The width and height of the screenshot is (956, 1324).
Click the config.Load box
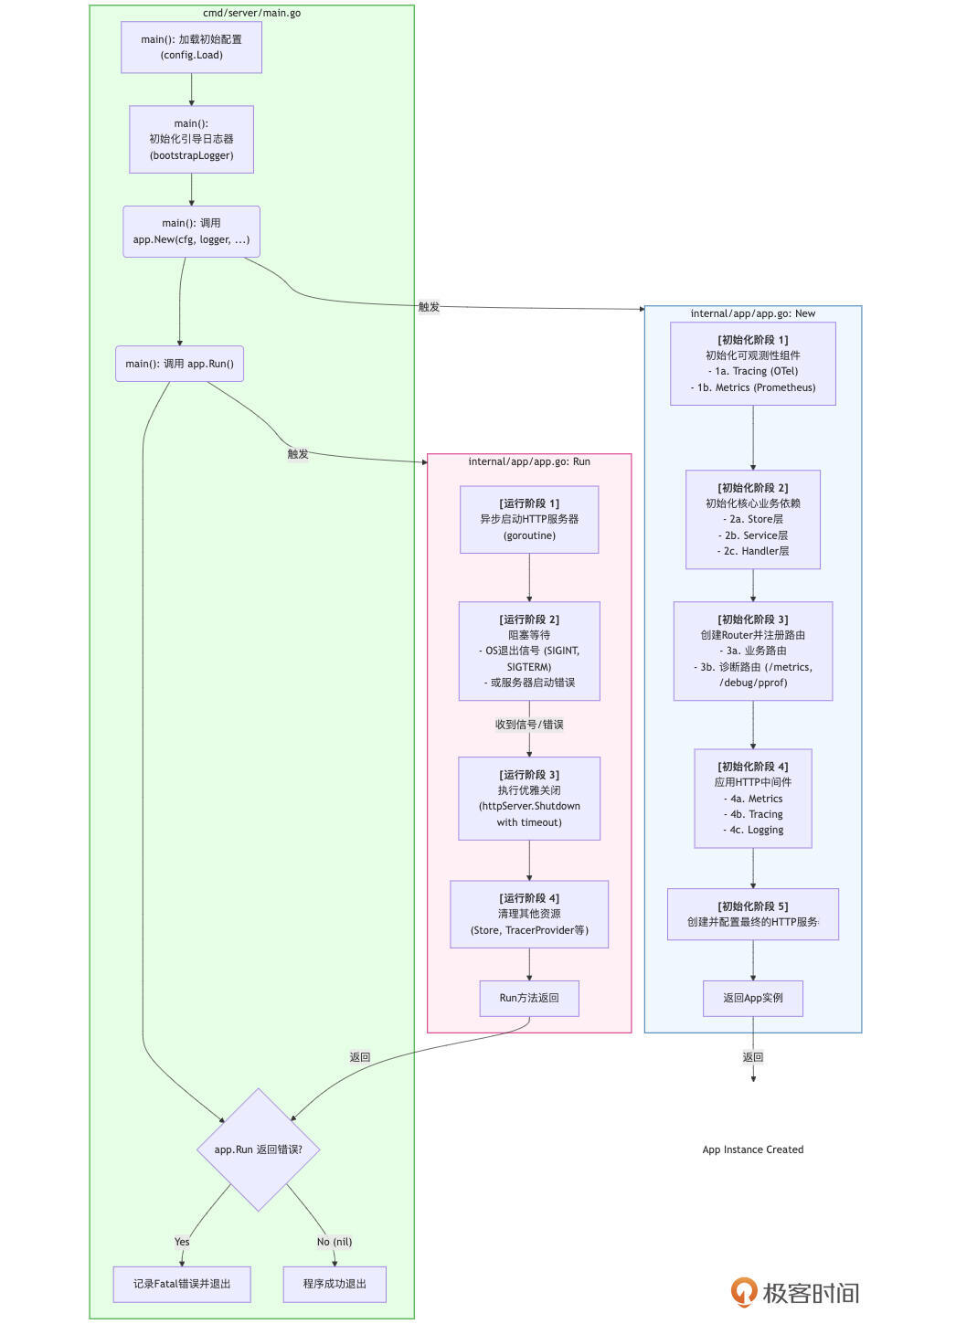[x=191, y=48]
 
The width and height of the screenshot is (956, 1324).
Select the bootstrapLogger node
[x=191, y=139]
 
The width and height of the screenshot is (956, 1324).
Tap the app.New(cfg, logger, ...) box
[x=191, y=231]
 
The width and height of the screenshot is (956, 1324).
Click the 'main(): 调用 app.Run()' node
[x=179, y=364]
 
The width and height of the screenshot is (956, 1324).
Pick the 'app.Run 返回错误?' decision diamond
[x=258, y=1149]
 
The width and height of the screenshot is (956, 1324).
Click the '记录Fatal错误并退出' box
[x=182, y=1284]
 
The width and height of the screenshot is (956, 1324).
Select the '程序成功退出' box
[x=335, y=1284]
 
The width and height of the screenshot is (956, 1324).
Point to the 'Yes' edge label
[x=182, y=1242]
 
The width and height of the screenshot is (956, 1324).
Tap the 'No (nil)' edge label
[x=335, y=1242]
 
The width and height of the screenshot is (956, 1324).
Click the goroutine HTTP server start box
[x=529, y=519]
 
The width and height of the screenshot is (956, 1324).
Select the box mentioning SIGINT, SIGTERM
[x=529, y=651]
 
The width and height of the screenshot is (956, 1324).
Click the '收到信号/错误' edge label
[x=529, y=725]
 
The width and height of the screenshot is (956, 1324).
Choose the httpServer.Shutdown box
[x=529, y=798]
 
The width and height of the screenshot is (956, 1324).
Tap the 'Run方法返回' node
[x=529, y=998]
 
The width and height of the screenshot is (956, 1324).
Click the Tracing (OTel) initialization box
[x=752, y=364]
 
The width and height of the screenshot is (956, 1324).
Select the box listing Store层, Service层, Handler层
[x=752, y=519]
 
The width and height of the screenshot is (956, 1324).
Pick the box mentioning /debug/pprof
[x=752, y=651]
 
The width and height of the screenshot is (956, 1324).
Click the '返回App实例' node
[x=752, y=998]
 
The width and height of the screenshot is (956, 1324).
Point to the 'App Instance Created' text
[x=752, y=1149]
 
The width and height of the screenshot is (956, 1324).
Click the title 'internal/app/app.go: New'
[x=752, y=313]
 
